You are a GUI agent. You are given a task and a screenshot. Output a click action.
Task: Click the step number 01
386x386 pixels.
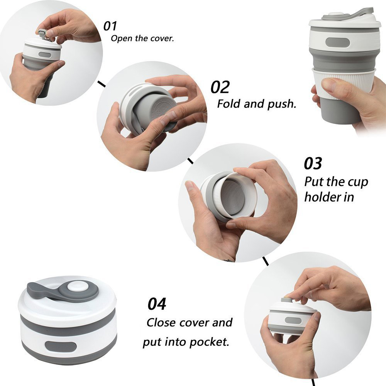110,26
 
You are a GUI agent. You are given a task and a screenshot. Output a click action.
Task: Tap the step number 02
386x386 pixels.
220,87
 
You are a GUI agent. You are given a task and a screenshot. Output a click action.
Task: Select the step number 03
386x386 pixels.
313,163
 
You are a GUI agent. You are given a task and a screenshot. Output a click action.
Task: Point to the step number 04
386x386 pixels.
157,304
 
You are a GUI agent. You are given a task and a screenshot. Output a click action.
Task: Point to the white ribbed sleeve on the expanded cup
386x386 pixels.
347,83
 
